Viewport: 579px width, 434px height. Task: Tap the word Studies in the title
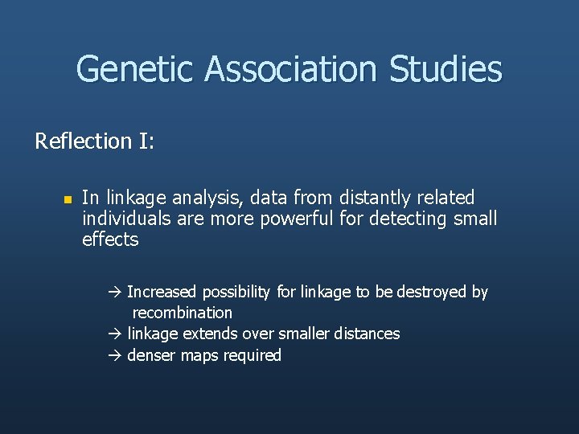(446, 70)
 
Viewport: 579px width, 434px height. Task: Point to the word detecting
(409, 219)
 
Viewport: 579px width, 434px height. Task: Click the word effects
(110, 240)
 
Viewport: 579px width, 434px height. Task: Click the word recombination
(183, 313)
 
